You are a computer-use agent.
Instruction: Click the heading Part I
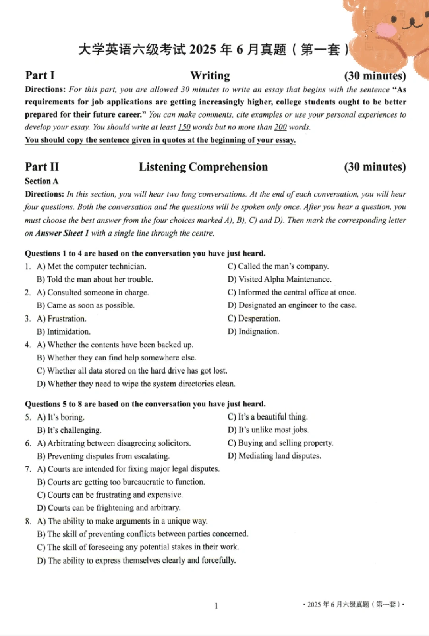(40, 75)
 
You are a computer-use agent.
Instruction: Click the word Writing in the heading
(210, 75)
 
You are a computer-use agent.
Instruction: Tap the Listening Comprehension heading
(203, 167)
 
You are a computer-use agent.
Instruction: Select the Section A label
(41, 181)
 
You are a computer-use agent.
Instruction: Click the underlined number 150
(184, 127)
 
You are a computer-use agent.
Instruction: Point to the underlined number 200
(280, 127)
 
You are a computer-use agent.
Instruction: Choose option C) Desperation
(254, 318)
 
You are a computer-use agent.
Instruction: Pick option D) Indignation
(253, 331)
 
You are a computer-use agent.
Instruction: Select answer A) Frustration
(62, 318)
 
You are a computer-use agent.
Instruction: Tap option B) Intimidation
(64, 331)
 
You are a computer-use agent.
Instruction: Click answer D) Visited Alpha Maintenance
(280, 279)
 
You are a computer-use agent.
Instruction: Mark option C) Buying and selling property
(280, 443)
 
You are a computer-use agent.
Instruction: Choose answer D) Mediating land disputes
(274, 456)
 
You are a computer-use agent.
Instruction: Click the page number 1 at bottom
(216, 606)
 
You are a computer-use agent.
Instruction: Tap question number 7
(28, 469)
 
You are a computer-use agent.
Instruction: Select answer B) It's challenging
(69, 430)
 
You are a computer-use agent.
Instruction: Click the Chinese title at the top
(213, 50)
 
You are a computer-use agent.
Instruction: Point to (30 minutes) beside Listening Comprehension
(375, 167)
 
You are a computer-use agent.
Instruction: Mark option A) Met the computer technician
(91, 266)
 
